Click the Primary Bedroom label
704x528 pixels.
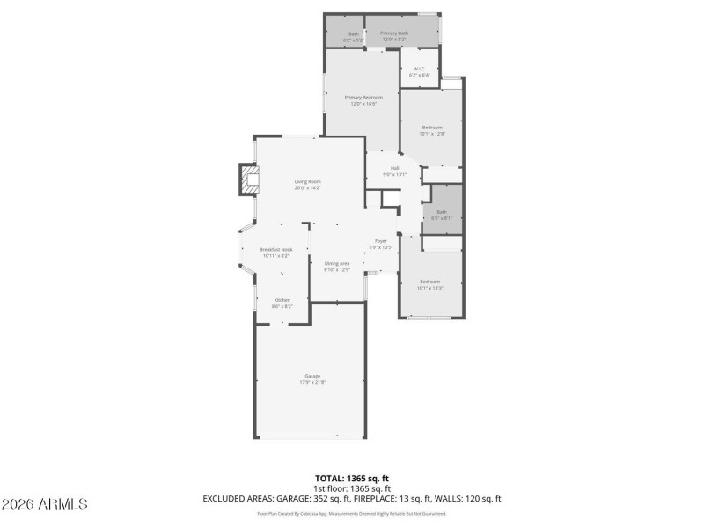click(363, 97)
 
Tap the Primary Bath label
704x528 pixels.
click(393, 33)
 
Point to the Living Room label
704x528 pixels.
click(307, 182)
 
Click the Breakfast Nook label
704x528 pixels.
click(276, 249)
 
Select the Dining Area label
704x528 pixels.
click(337, 263)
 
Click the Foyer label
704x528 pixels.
click(381, 240)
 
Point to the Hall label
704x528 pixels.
click(395, 168)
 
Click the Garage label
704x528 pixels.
click(312, 376)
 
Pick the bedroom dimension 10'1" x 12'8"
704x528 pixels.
click(433, 134)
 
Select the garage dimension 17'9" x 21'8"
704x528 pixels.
click(312, 383)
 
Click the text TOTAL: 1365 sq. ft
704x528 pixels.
click(351, 478)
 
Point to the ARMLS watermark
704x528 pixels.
click(45, 504)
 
